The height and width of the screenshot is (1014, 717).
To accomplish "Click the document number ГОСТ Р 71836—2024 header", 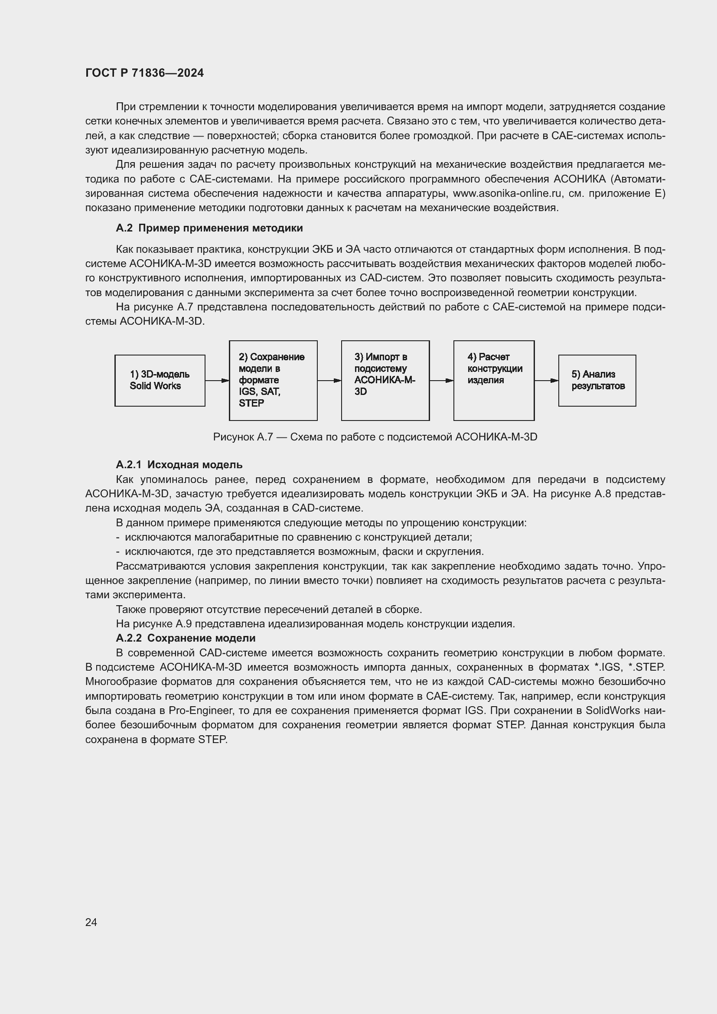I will [x=144, y=73].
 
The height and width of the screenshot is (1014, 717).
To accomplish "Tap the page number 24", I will [x=91, y=922].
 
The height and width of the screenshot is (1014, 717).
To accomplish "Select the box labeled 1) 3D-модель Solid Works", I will [x=160, y=380].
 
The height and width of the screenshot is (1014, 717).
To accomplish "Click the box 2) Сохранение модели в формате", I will [x=273, y=380].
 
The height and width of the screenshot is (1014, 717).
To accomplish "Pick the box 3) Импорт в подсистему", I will [x=385, y=380].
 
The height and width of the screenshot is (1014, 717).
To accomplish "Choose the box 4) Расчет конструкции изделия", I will [x=494, y=380].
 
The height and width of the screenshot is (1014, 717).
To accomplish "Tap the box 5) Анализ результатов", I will [x=597, y=380].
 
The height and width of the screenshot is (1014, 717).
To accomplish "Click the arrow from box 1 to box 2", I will [x=217, y=381].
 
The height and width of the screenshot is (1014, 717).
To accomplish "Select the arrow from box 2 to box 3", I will [x=329, y=381].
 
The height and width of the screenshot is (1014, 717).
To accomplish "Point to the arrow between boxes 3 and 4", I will [x=441, y=381].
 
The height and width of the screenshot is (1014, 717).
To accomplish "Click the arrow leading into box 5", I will [x=546, y=381].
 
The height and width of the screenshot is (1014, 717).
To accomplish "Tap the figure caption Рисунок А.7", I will [x=375, y=437].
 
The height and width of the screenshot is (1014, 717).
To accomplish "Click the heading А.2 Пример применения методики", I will [x=209, y=228].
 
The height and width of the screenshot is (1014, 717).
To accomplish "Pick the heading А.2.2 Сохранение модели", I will [x=186, y=638].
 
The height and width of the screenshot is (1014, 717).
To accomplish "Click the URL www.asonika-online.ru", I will [x=507, y=193].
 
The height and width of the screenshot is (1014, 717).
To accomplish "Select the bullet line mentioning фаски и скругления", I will [x=300, y=551].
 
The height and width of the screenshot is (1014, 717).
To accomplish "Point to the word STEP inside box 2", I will [x=251, y=403].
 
